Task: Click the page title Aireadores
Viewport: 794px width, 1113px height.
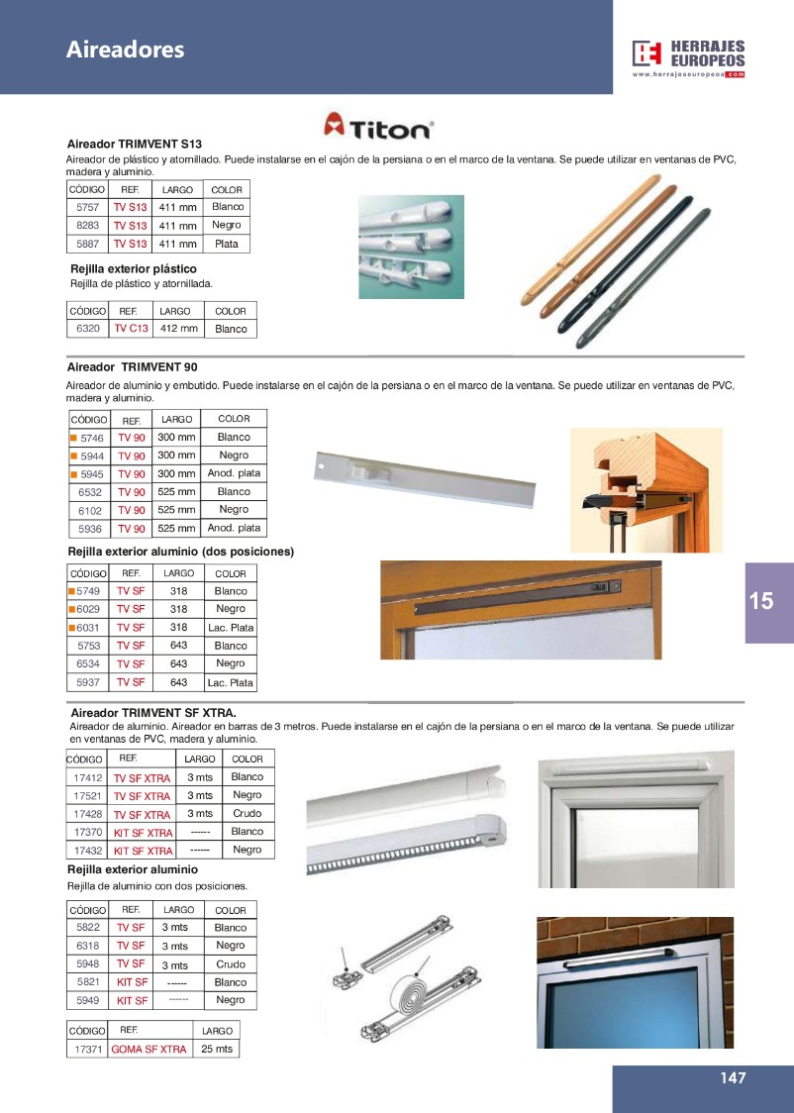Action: [x=125, y=49]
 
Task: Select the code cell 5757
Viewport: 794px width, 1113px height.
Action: [x=87, y=208]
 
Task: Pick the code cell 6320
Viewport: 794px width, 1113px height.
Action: [x=87, y=329]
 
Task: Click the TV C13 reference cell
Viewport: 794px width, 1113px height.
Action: [x=131, y=329]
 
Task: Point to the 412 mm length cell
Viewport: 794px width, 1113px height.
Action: [x=179, y=329]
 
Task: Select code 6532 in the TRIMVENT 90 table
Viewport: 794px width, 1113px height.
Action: [x=90, y=492]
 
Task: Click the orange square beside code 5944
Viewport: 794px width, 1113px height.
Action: [x=72, y=455]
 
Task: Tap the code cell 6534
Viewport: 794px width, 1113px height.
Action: [x=90, y=664]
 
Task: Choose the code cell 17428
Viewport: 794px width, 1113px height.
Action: [x=89, y=814]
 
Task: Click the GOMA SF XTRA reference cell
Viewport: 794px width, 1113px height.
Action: [x=149, y=1049]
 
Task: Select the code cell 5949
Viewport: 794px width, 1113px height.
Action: [x=88, y=1001]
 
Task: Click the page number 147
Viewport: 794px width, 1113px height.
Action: [x=733, y=1078]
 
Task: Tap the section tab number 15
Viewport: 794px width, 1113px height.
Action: [x=761, y=601]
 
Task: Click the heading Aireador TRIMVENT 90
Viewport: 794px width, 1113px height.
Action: [x=132, y=367]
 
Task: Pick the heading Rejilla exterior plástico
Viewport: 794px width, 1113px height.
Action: [x=134, y=269]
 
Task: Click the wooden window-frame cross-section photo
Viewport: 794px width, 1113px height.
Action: [x=646, y=488]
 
